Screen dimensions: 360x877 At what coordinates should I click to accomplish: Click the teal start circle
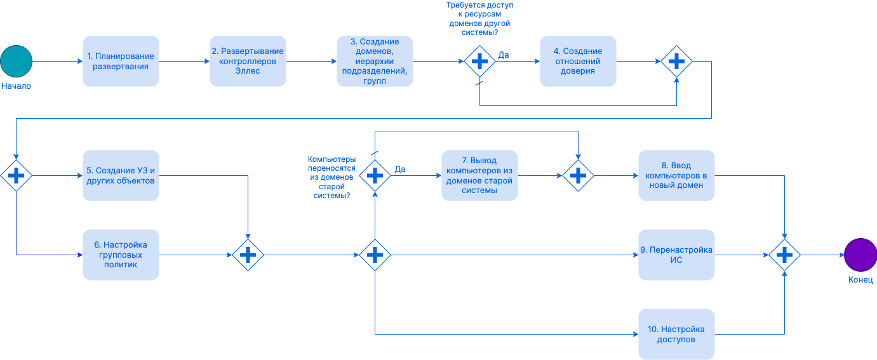pyautogui.click(x=16, y=61)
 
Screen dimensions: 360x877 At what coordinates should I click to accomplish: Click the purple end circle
pyautogui.click(x=860, y=255)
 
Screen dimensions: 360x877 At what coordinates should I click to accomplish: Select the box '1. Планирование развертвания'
pyautogui.click(x=121, y=61)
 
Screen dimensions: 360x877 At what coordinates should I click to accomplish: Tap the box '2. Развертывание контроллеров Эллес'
pyautogui.click(x=248, y=61)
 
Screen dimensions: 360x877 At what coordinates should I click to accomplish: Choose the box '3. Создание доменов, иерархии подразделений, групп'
pyautogui.click(x=375, y=61)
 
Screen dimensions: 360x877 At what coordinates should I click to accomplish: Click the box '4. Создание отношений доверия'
pyautogui.click(x=578, y=61)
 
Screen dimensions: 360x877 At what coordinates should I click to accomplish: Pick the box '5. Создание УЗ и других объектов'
pyautogui.click(x=121, y=175)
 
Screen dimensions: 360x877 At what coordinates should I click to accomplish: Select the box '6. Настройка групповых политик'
pyautogui.click(x=121, y=255)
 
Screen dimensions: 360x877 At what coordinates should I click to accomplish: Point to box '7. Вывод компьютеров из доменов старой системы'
pyautogui.click(x=479, y=175)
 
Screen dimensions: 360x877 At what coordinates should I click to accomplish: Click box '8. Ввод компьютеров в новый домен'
pyautogui.click(x=676, y=175)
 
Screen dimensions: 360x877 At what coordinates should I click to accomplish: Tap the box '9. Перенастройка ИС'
pyautogui.click(x=676, y=255)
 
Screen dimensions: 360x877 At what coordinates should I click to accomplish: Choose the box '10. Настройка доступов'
pyautogui.click(x=676, y=334)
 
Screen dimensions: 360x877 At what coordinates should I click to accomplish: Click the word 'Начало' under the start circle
pyautogui.click(x=16, y=86)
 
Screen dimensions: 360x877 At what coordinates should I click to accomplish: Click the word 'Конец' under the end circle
pyautogui.click(x=860, y=280)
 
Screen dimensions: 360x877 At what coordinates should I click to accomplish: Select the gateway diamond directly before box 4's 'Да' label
pyautogui.click(x=479, y=61)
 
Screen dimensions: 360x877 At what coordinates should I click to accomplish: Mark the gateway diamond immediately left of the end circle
pyautogui.click(x=784, y=255)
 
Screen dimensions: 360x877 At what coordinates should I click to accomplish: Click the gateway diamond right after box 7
pyautogui.click(x=578, y=175)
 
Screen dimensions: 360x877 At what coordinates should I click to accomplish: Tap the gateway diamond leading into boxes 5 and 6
pyautogui.click(x=16, y=175)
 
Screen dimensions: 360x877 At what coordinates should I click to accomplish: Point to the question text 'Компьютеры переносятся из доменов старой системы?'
pyautogui.click(x=331, y=178)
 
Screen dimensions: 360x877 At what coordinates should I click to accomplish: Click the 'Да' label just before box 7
pyautogui.click(x=400, y=169)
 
